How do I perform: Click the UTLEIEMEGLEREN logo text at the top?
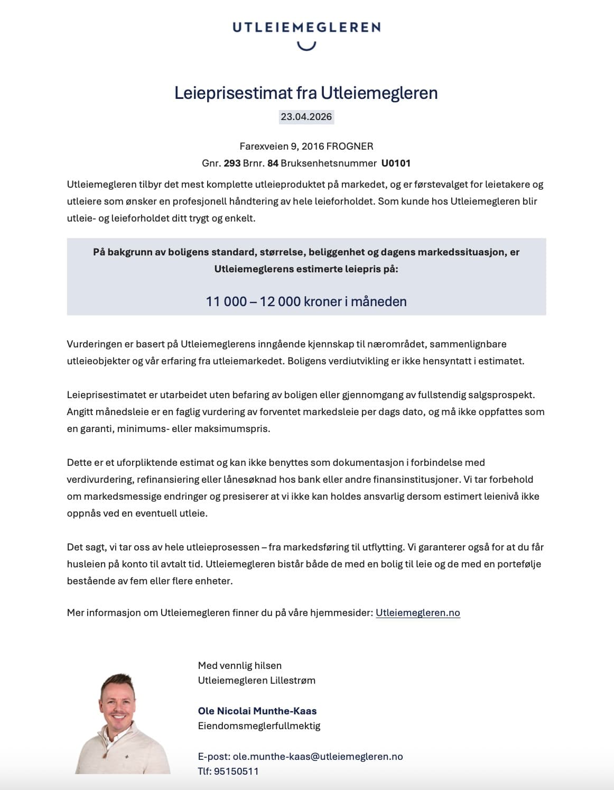tap(306, 27)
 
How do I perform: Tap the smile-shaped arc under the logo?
tap(306, 46)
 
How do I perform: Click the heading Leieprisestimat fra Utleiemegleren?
tap(306, 93)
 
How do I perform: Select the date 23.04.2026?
tap(306, 117)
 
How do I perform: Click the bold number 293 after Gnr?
tap(232, 163)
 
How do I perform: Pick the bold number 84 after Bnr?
tap(273, 163)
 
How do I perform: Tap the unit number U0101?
tap(396, 163)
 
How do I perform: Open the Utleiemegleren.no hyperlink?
tap(418, 613)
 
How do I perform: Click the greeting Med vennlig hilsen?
tap(240, 665)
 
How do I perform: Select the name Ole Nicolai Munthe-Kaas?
tap(257, 711)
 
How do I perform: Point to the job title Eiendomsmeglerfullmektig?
tap(259, 725)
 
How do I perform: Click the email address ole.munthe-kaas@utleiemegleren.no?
tap(318, 756)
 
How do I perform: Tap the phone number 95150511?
tap(236, 771)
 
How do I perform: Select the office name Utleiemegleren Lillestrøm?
tap(257, 680)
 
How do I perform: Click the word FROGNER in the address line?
tap(350, 146)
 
